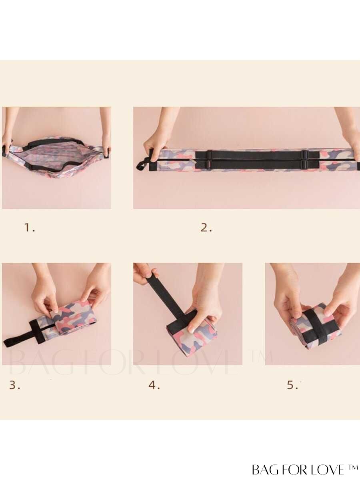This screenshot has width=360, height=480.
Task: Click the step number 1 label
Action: point(30,228)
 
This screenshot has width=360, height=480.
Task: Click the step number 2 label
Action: point(206,228)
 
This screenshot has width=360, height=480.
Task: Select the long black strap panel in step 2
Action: point(257,160)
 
